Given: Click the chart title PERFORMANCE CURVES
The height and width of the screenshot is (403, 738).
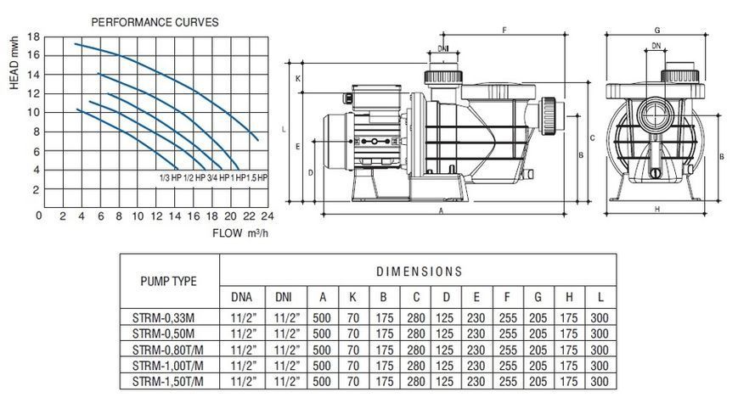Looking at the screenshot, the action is point(155,22).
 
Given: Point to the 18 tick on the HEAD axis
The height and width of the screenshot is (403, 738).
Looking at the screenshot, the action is point(33,36).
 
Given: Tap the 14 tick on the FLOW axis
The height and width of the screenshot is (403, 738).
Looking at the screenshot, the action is point(175,216).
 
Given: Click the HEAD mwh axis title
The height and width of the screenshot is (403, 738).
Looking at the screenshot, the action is point(14,63).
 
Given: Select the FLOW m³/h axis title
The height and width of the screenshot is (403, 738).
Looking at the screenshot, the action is point(240,232).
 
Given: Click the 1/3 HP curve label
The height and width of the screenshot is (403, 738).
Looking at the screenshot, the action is point(170,178).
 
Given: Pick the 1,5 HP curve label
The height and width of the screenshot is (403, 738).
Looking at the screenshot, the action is point(256,178).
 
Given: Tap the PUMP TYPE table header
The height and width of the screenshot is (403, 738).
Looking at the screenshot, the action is point(168,281).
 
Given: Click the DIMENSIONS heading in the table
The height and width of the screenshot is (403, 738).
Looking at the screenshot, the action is point(419,271).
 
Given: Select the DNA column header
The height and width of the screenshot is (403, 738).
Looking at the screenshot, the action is point(241,297).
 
